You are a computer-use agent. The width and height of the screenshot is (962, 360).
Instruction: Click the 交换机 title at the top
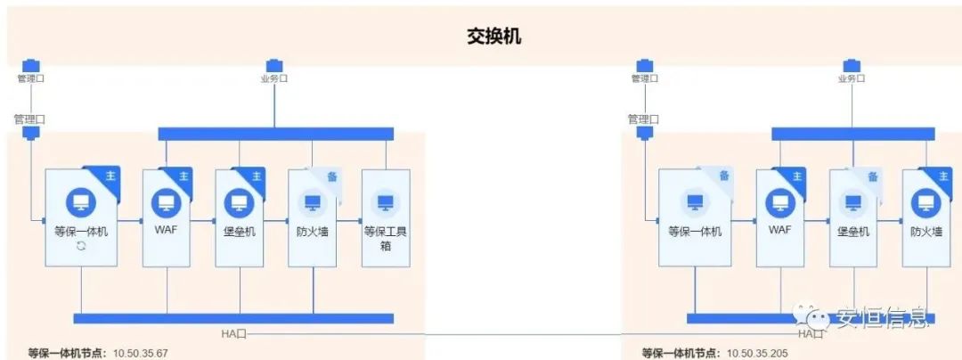click(x=494, y=36)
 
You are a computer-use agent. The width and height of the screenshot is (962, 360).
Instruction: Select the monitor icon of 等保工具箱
click(x=386, y=203)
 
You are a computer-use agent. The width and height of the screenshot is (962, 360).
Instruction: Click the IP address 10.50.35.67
click(x=140, y=353)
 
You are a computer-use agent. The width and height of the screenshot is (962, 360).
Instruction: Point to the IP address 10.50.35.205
click(x=756, y=353)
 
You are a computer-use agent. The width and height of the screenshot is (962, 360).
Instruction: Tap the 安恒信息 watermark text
click(x=882, y=317)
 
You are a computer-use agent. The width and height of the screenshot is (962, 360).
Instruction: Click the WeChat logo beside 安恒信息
click(x=813, y=315)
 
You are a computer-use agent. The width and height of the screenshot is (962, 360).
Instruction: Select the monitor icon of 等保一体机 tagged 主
click(x=81, y=203)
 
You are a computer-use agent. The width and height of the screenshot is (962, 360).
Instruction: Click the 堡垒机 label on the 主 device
click(x=240, y=232)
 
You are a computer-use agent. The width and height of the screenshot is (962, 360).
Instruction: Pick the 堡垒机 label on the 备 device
click(x=852, y=232)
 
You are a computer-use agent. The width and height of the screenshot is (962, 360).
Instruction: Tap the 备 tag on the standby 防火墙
click(x=331, y=176)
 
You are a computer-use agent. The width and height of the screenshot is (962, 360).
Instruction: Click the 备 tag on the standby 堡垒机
click(x=873, y=176)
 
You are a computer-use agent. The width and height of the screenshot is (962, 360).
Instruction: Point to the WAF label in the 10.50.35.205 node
click(x=779, y=232)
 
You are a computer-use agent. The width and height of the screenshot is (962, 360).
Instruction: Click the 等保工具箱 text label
click(x=386, y=239)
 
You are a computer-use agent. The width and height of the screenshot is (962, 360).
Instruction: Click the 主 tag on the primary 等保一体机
click(x=110, y=176)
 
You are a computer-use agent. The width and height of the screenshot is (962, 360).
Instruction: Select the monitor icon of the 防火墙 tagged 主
click(x=926, y=203)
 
